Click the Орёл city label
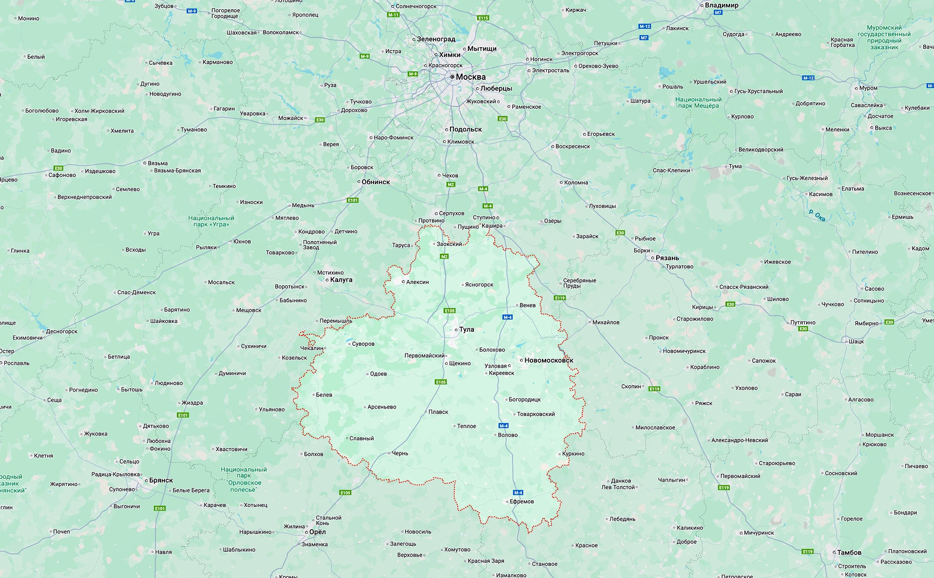(x=317, y=532)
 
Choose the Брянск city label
(x=161, y=481)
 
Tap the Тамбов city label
(x=849, y=553)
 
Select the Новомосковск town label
(x=548, y=360)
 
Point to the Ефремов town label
(x=521, y=502)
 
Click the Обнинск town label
(x=375, y=182)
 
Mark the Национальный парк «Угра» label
(x=211, y=222)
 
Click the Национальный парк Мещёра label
(x=698, y=103)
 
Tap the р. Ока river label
(x=817, y=215)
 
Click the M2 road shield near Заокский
(x=444, y=256)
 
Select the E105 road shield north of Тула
(x=449, y=311)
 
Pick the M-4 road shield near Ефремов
(x=518, y=492)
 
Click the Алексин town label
(x=417, y=282)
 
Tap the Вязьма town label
(x=158, y=163)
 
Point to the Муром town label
(x=868, y=88)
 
